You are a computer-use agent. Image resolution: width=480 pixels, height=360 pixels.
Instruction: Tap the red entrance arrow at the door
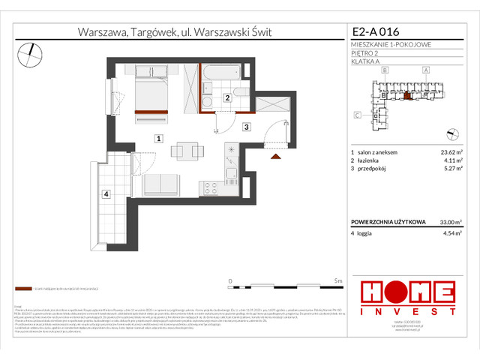tap(276, 156)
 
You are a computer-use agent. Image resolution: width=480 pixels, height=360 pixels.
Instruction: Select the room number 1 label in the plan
tap(158, 138)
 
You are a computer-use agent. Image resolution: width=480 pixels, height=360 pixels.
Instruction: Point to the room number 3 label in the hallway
tap(245, 127)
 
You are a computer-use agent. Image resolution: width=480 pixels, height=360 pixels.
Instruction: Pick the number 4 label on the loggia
tap(106, 195)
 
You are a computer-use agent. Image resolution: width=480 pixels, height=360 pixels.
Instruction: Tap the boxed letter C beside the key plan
tap(358, 115)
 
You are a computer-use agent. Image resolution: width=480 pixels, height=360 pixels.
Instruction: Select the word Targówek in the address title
tap(153, 32)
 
